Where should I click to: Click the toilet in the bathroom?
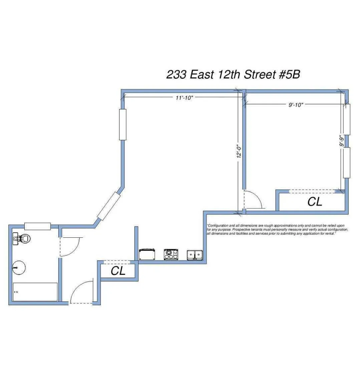[x=22, y=238]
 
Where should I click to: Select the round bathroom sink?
[x=19, y=267]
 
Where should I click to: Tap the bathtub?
[x=35, y=292]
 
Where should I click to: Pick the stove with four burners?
[x=171, y=254]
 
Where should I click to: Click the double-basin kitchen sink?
[x=195, y=255]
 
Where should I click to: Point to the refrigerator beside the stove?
[x=147, y=254]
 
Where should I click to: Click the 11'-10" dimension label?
[x=185, y=98]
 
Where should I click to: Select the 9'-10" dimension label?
[x=296, y=105]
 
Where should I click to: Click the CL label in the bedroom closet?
[x=315, y=202]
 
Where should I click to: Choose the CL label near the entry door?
[x=118, y=271]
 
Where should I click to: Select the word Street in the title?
[x=260, y=74]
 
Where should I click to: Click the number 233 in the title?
[x=176, y=74]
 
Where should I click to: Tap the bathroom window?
[x=37, y=226]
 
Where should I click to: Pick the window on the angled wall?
[x=108, y=206]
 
